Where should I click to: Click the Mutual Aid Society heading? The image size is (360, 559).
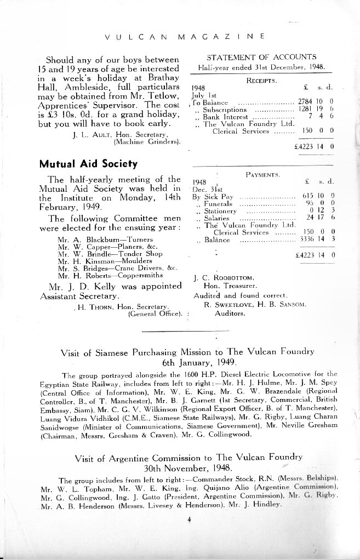click(88, 163)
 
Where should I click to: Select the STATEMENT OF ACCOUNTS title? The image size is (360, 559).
click(261, 57)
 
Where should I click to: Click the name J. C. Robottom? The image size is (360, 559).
click(222, 278)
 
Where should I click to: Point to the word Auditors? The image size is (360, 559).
click(230, 313)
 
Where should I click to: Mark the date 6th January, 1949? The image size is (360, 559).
click(199, 362)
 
